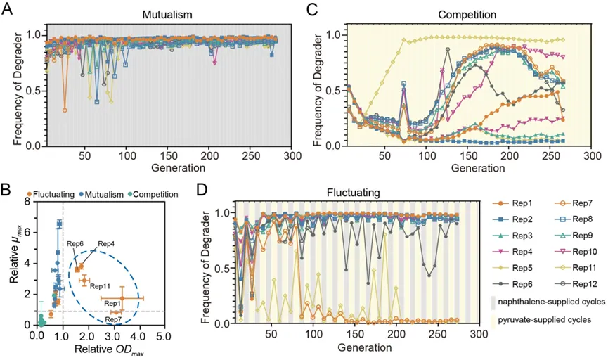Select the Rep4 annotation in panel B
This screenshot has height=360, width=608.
click(x=106, y=243)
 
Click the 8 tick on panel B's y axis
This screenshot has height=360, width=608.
click(x=27, y=202)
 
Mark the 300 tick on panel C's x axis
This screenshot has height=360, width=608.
click(x=592, y=155)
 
